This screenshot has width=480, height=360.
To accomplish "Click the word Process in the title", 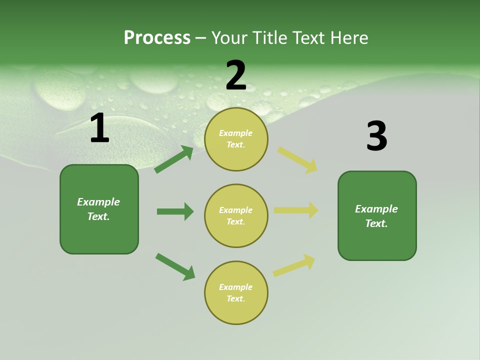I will (157, 38).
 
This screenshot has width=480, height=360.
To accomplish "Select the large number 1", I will (99, 128).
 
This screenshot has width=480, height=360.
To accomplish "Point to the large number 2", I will (236, 76).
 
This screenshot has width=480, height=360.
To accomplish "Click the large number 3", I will (376, 136).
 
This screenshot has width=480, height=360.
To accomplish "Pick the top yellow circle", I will (236, 139).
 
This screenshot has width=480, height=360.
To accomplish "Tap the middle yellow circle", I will (236, 215).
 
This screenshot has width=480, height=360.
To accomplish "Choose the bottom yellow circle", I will (236, 292).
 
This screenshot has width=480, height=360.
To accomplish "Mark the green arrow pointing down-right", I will (175, 266).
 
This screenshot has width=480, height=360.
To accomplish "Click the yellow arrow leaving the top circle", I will (297, 160).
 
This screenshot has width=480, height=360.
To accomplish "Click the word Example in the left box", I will (98, 202).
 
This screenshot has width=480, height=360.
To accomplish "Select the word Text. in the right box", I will (376, 223).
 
